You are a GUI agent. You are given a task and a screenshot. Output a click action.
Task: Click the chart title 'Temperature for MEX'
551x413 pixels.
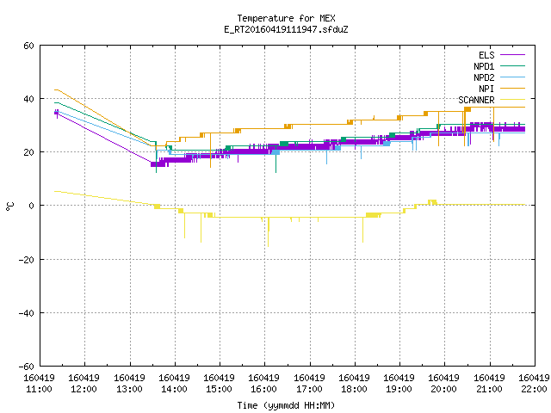[286, 18]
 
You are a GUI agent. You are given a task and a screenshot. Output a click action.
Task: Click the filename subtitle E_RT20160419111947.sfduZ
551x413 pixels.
[286, 29]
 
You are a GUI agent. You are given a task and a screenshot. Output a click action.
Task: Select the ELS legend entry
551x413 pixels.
[486, 55]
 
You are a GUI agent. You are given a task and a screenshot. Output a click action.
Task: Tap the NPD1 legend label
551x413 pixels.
[484, 66]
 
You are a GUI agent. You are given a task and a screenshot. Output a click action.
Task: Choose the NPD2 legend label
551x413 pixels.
[484, 77]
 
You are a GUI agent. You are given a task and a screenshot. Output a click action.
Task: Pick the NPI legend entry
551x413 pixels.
[486, 89]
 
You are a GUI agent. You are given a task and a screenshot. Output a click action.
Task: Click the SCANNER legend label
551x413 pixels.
[476, 100]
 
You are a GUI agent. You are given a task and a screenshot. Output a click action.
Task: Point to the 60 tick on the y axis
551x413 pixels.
[28, 46]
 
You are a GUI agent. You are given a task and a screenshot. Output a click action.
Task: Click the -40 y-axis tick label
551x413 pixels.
[27, 313]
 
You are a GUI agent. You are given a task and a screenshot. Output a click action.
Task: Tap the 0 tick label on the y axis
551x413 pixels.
[31, 206]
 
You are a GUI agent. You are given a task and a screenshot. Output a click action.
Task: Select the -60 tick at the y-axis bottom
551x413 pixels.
[27, 367]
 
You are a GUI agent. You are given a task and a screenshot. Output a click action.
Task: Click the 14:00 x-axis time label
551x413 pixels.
[174, 389]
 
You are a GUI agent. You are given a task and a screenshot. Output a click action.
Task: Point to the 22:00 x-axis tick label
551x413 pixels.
[534, 389]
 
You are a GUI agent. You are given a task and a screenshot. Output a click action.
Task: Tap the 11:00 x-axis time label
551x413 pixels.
[39, 389]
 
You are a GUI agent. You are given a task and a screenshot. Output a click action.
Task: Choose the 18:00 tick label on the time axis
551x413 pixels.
[354, 389]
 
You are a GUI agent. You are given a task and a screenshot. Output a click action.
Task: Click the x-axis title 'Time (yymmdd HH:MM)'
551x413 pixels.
[286, 405]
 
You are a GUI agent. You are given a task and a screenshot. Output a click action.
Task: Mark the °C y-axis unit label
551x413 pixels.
[10, 206]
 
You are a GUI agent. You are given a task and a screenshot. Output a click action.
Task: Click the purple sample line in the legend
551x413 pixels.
[512, 55]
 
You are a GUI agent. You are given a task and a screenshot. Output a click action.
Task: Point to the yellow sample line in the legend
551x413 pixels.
[512, 100]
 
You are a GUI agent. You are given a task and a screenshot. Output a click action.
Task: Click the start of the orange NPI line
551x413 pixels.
[54, 89]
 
